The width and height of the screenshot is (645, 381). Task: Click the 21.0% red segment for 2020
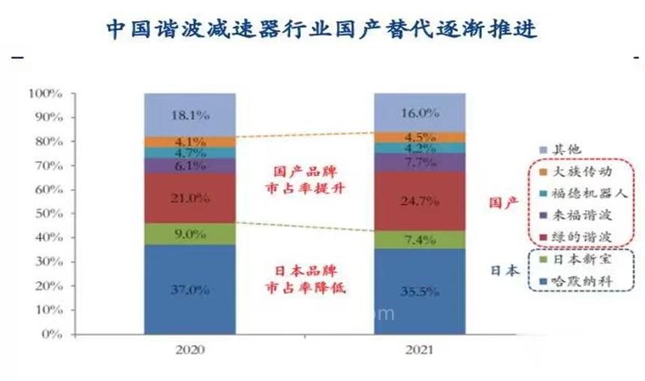(190, 198)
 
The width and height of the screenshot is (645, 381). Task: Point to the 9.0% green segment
(190, 233)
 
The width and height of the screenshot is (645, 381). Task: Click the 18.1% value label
(190, 115)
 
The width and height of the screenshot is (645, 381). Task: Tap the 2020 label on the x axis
(190, 349)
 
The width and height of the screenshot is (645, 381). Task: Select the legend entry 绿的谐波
(583, 236)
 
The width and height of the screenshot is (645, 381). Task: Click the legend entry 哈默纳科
(583, 282)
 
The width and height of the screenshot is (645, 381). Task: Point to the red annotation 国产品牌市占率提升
(305, 180)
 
